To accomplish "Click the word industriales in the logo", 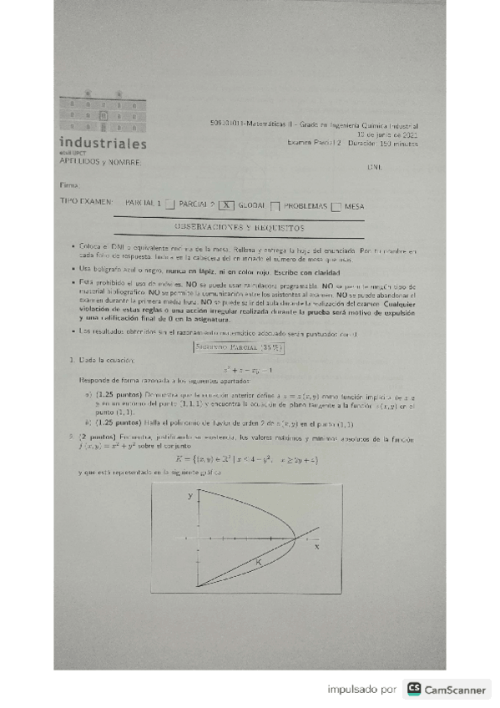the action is [103, 143].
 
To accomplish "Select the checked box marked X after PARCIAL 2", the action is [226, 203].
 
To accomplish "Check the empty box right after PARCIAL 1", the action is [170, 203].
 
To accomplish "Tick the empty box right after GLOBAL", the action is [274, 203].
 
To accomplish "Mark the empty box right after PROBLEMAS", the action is [336, 203].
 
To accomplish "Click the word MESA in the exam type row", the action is [354, 203].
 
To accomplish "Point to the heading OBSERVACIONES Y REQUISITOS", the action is [239, 226].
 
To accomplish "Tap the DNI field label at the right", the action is [374, 168].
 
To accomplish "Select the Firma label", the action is [69, 183].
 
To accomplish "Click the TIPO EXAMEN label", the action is [87, 202].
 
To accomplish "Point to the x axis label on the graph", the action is [316, 548].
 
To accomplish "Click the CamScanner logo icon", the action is [413, 690].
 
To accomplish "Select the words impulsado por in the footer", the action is [361, 690].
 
